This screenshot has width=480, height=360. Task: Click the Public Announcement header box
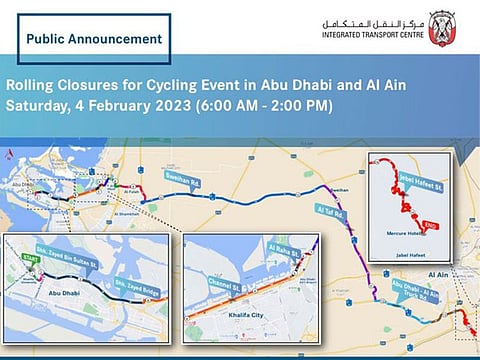pyautogui.click(x=95, y=39)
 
